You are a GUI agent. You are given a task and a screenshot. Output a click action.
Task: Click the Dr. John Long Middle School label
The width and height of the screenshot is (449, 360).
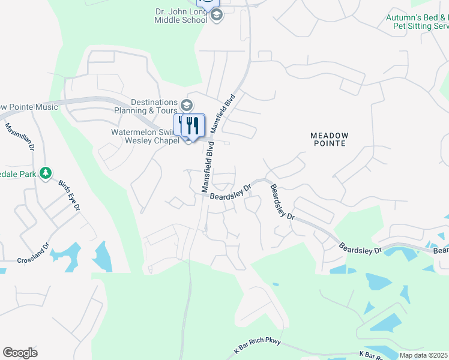(181, 14)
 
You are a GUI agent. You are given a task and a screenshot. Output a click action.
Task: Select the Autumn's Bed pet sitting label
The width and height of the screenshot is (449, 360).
(417, 22)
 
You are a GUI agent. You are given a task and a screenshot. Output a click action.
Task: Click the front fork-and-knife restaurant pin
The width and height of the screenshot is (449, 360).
(193, 125)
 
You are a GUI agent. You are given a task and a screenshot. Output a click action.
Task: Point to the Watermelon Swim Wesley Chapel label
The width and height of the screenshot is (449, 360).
(145, 136)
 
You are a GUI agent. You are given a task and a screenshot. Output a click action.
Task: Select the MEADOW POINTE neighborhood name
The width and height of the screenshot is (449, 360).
(328, 140)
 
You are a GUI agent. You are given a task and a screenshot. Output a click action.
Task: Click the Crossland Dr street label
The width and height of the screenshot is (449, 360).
(32, 260)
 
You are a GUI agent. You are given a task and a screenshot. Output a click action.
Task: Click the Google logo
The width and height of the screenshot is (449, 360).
(20, 353)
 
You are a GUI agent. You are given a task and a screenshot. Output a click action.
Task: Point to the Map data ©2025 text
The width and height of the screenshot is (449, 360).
(424, 355)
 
